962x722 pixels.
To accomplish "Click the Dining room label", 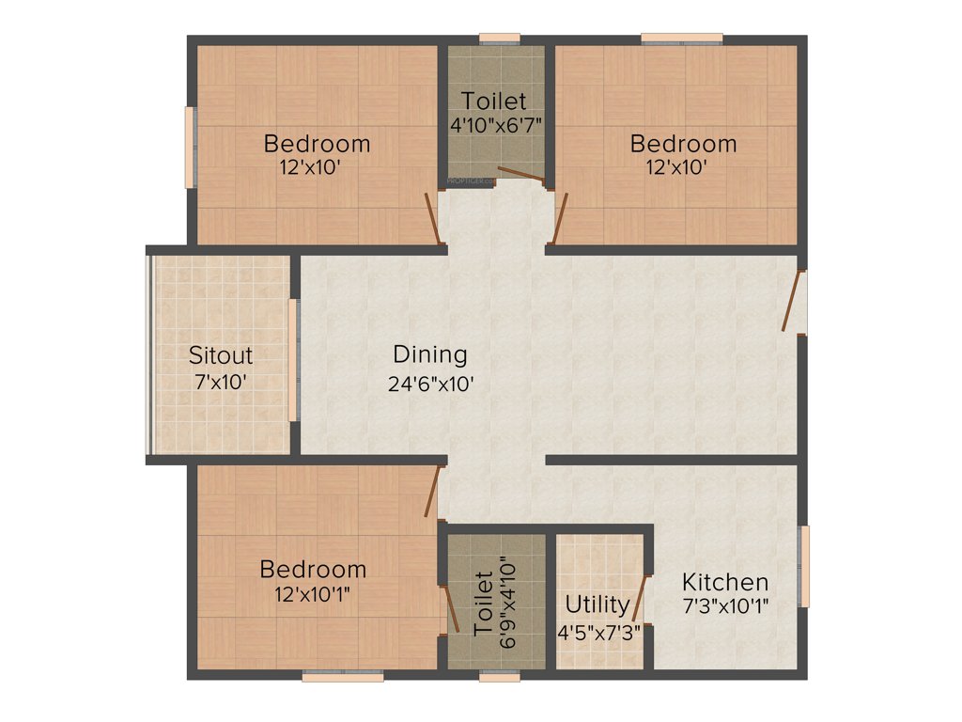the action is pos(429,355).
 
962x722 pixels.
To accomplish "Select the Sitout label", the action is pos(221,355).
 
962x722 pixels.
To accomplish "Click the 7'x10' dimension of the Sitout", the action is pos(221,384).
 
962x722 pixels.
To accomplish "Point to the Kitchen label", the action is pos(725,581).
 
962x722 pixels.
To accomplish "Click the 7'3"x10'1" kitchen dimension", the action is pos(725,606).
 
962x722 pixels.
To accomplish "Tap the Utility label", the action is pos(597,604).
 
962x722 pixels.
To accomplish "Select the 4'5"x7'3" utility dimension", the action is pos(599,632).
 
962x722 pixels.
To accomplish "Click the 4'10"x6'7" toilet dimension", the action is pos(495,123).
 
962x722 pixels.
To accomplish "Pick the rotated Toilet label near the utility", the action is pos(483,604).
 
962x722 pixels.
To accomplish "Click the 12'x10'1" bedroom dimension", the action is pos(313,594).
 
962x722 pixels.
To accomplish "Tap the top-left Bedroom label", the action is pos(317,144).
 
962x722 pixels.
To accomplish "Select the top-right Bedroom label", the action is pos(683,144).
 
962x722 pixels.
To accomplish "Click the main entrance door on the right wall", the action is pos(795,301).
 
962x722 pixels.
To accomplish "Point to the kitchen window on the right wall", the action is pos(803,566).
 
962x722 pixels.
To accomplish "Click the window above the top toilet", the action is pos(499,39).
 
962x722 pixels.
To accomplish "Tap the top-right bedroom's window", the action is pos(682,39).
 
